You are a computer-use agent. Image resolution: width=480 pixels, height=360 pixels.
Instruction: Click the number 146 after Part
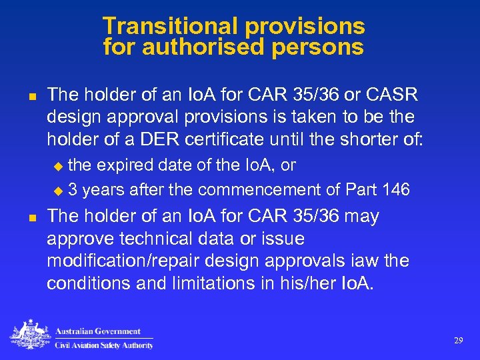coord(396,190)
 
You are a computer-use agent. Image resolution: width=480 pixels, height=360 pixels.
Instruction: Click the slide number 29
coord(458,340)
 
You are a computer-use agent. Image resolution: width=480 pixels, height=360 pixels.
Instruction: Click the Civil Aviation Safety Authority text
coord(104,345)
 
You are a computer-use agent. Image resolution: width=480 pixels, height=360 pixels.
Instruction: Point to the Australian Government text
coord(97,331)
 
